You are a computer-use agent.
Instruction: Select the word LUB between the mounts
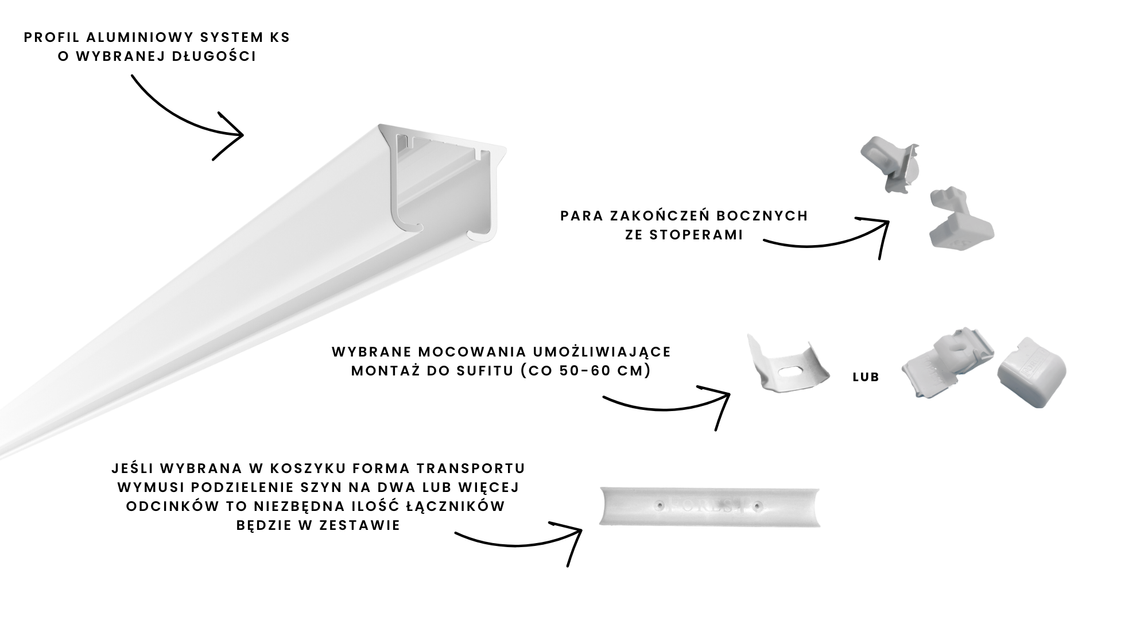(x=866, y=378)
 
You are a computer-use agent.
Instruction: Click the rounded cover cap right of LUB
(x=1031, y=373)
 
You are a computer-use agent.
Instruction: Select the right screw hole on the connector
(x=758, y=506)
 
